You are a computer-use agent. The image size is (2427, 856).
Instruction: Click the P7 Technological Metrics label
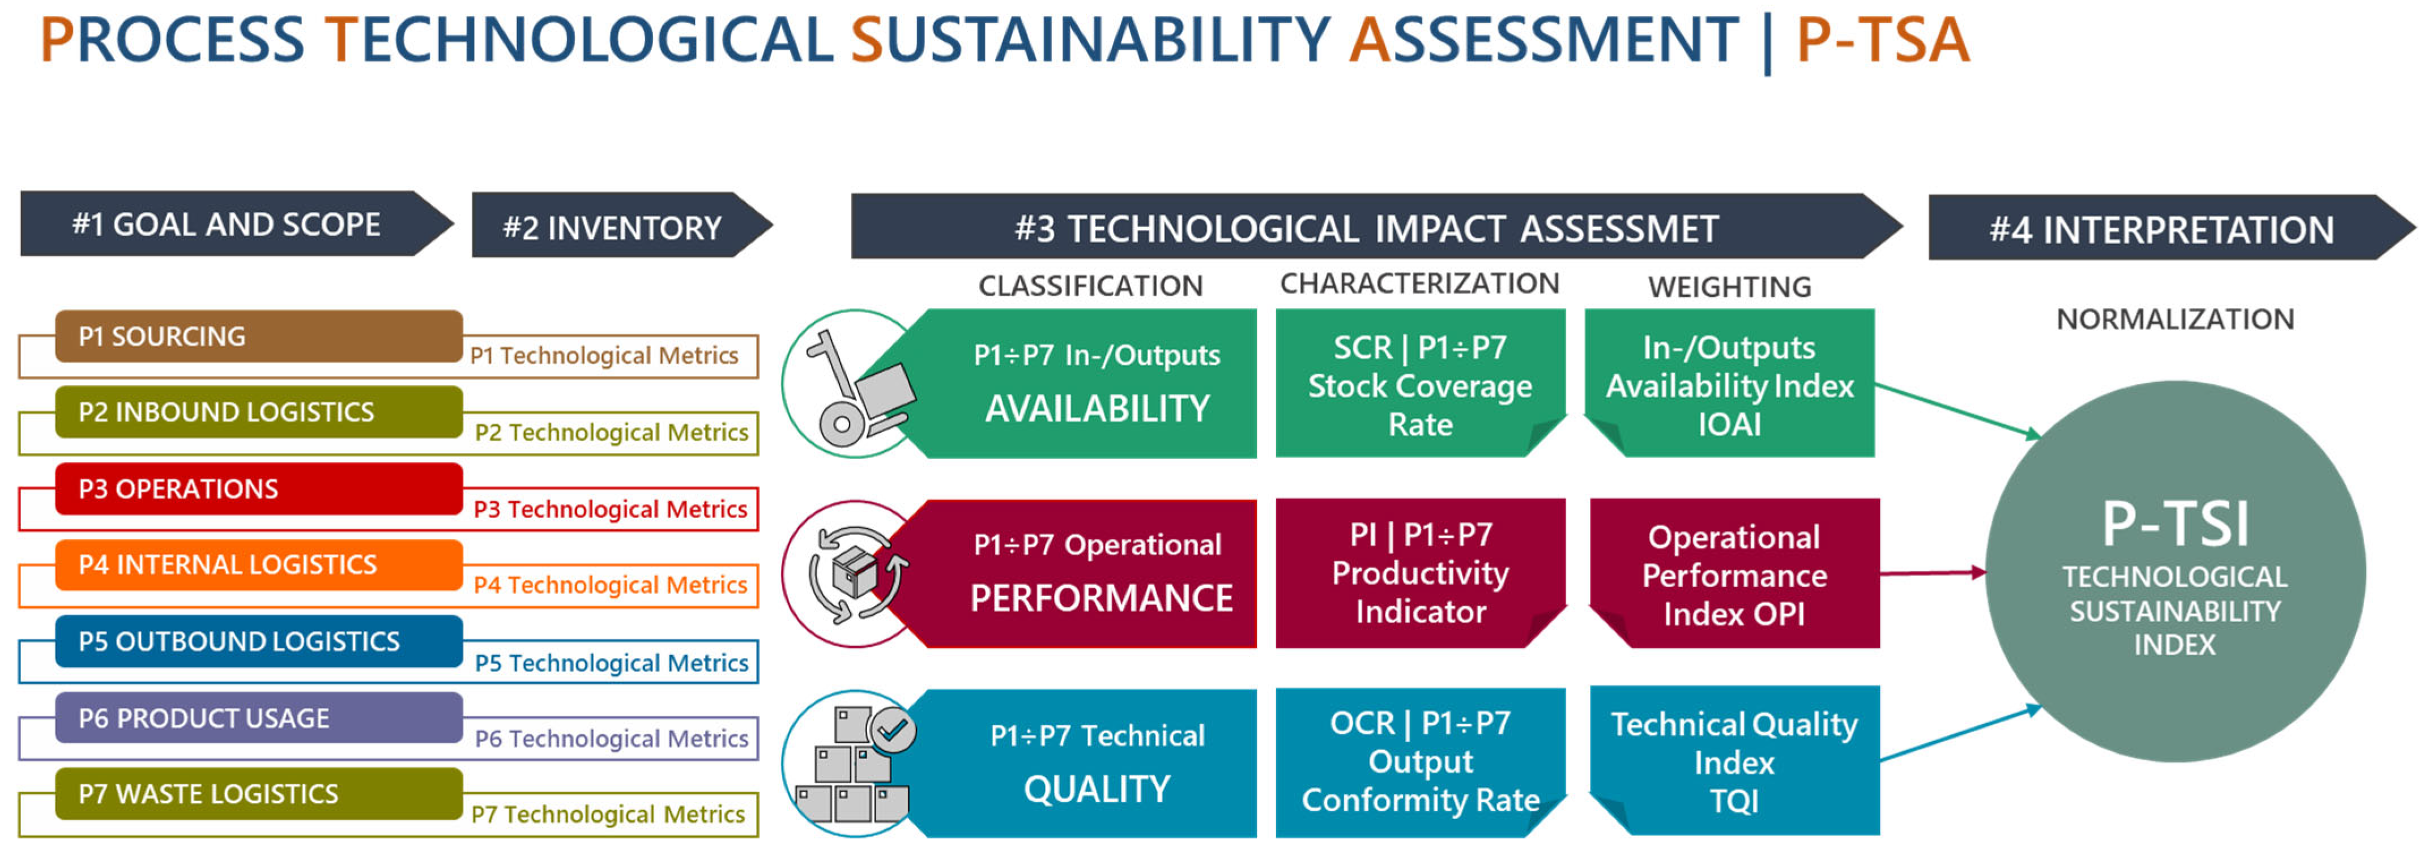[608, 814]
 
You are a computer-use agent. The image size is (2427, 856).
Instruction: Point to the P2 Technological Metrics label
[612, 432]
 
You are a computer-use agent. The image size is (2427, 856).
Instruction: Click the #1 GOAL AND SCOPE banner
[226, 224]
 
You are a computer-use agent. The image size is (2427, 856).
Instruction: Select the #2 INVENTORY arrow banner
[612, 227]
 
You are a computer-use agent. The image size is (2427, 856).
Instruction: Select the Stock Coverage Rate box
[1420, 385]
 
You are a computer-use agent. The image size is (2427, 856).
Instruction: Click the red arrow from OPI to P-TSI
[1931, 572]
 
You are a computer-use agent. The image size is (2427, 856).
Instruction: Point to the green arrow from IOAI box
[1955, 410]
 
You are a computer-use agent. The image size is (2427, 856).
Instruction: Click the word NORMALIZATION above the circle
[2174, 319]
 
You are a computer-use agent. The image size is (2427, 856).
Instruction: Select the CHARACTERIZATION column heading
[1419, 284]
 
